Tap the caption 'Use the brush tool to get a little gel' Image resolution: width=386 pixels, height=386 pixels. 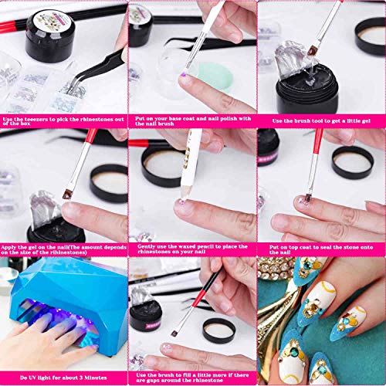tap(321, 120)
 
